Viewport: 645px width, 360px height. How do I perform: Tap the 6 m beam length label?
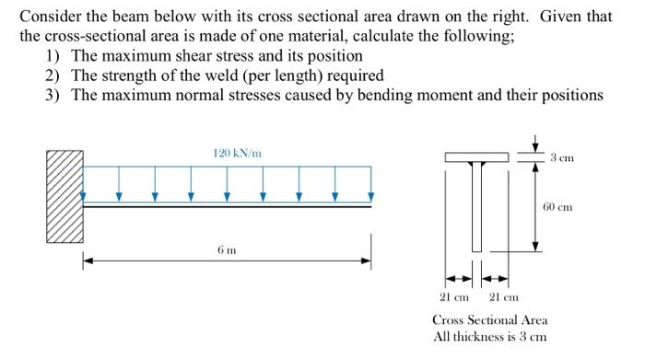click(x=226, y=250)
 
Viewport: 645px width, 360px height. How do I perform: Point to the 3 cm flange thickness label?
click(x=562, y=157)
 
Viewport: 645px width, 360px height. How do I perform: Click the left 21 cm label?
click(x=453, y=296)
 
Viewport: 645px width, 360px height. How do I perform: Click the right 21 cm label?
click(x=503, y=296)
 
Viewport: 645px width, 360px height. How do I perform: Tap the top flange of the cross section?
click(x=476, y=157)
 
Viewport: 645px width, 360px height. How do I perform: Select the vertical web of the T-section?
click(x=476, y=206)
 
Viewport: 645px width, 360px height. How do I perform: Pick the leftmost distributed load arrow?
click(x=84, y=194)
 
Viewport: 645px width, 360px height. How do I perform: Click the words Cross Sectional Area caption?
click(x=489, y=319)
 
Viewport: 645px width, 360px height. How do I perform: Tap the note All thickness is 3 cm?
click(x=489, y=336)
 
